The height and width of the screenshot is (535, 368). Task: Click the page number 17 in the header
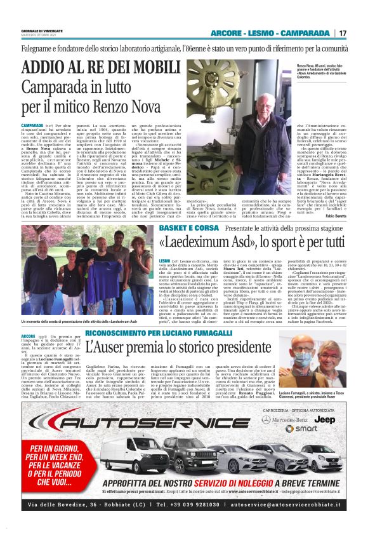click(x=343, y=33)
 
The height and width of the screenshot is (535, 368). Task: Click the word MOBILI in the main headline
click(x=136, y=68)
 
